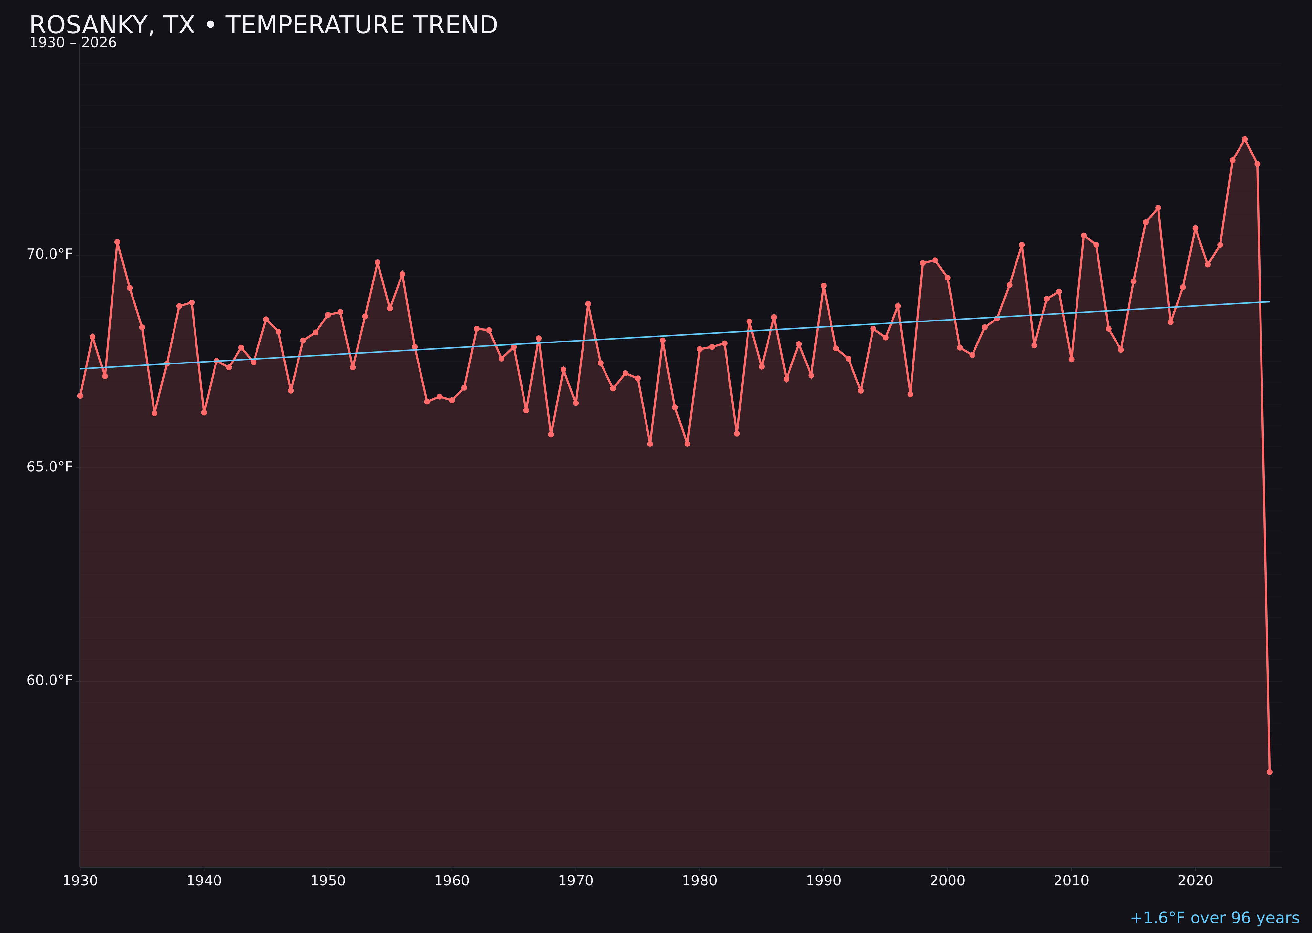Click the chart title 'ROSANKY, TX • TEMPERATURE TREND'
[x=263, y=25]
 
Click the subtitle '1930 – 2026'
[x=73, y=43]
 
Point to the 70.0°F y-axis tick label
[x=50, y=254]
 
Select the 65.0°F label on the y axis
[x=50, y=467]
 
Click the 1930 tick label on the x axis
[x=80, y=881]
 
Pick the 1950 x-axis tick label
[x=328, y=881]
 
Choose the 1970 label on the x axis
[x=576, y=881]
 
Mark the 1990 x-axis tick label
[x=823, y=881]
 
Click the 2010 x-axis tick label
[x=1071, y=881]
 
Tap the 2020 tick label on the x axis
[x=1195, y=881]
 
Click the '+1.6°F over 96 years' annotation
[x=1214, y=918]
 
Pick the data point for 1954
[x=378, y=262]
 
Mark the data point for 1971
[x=588, y=304]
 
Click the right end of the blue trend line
[x=1269, y=301]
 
